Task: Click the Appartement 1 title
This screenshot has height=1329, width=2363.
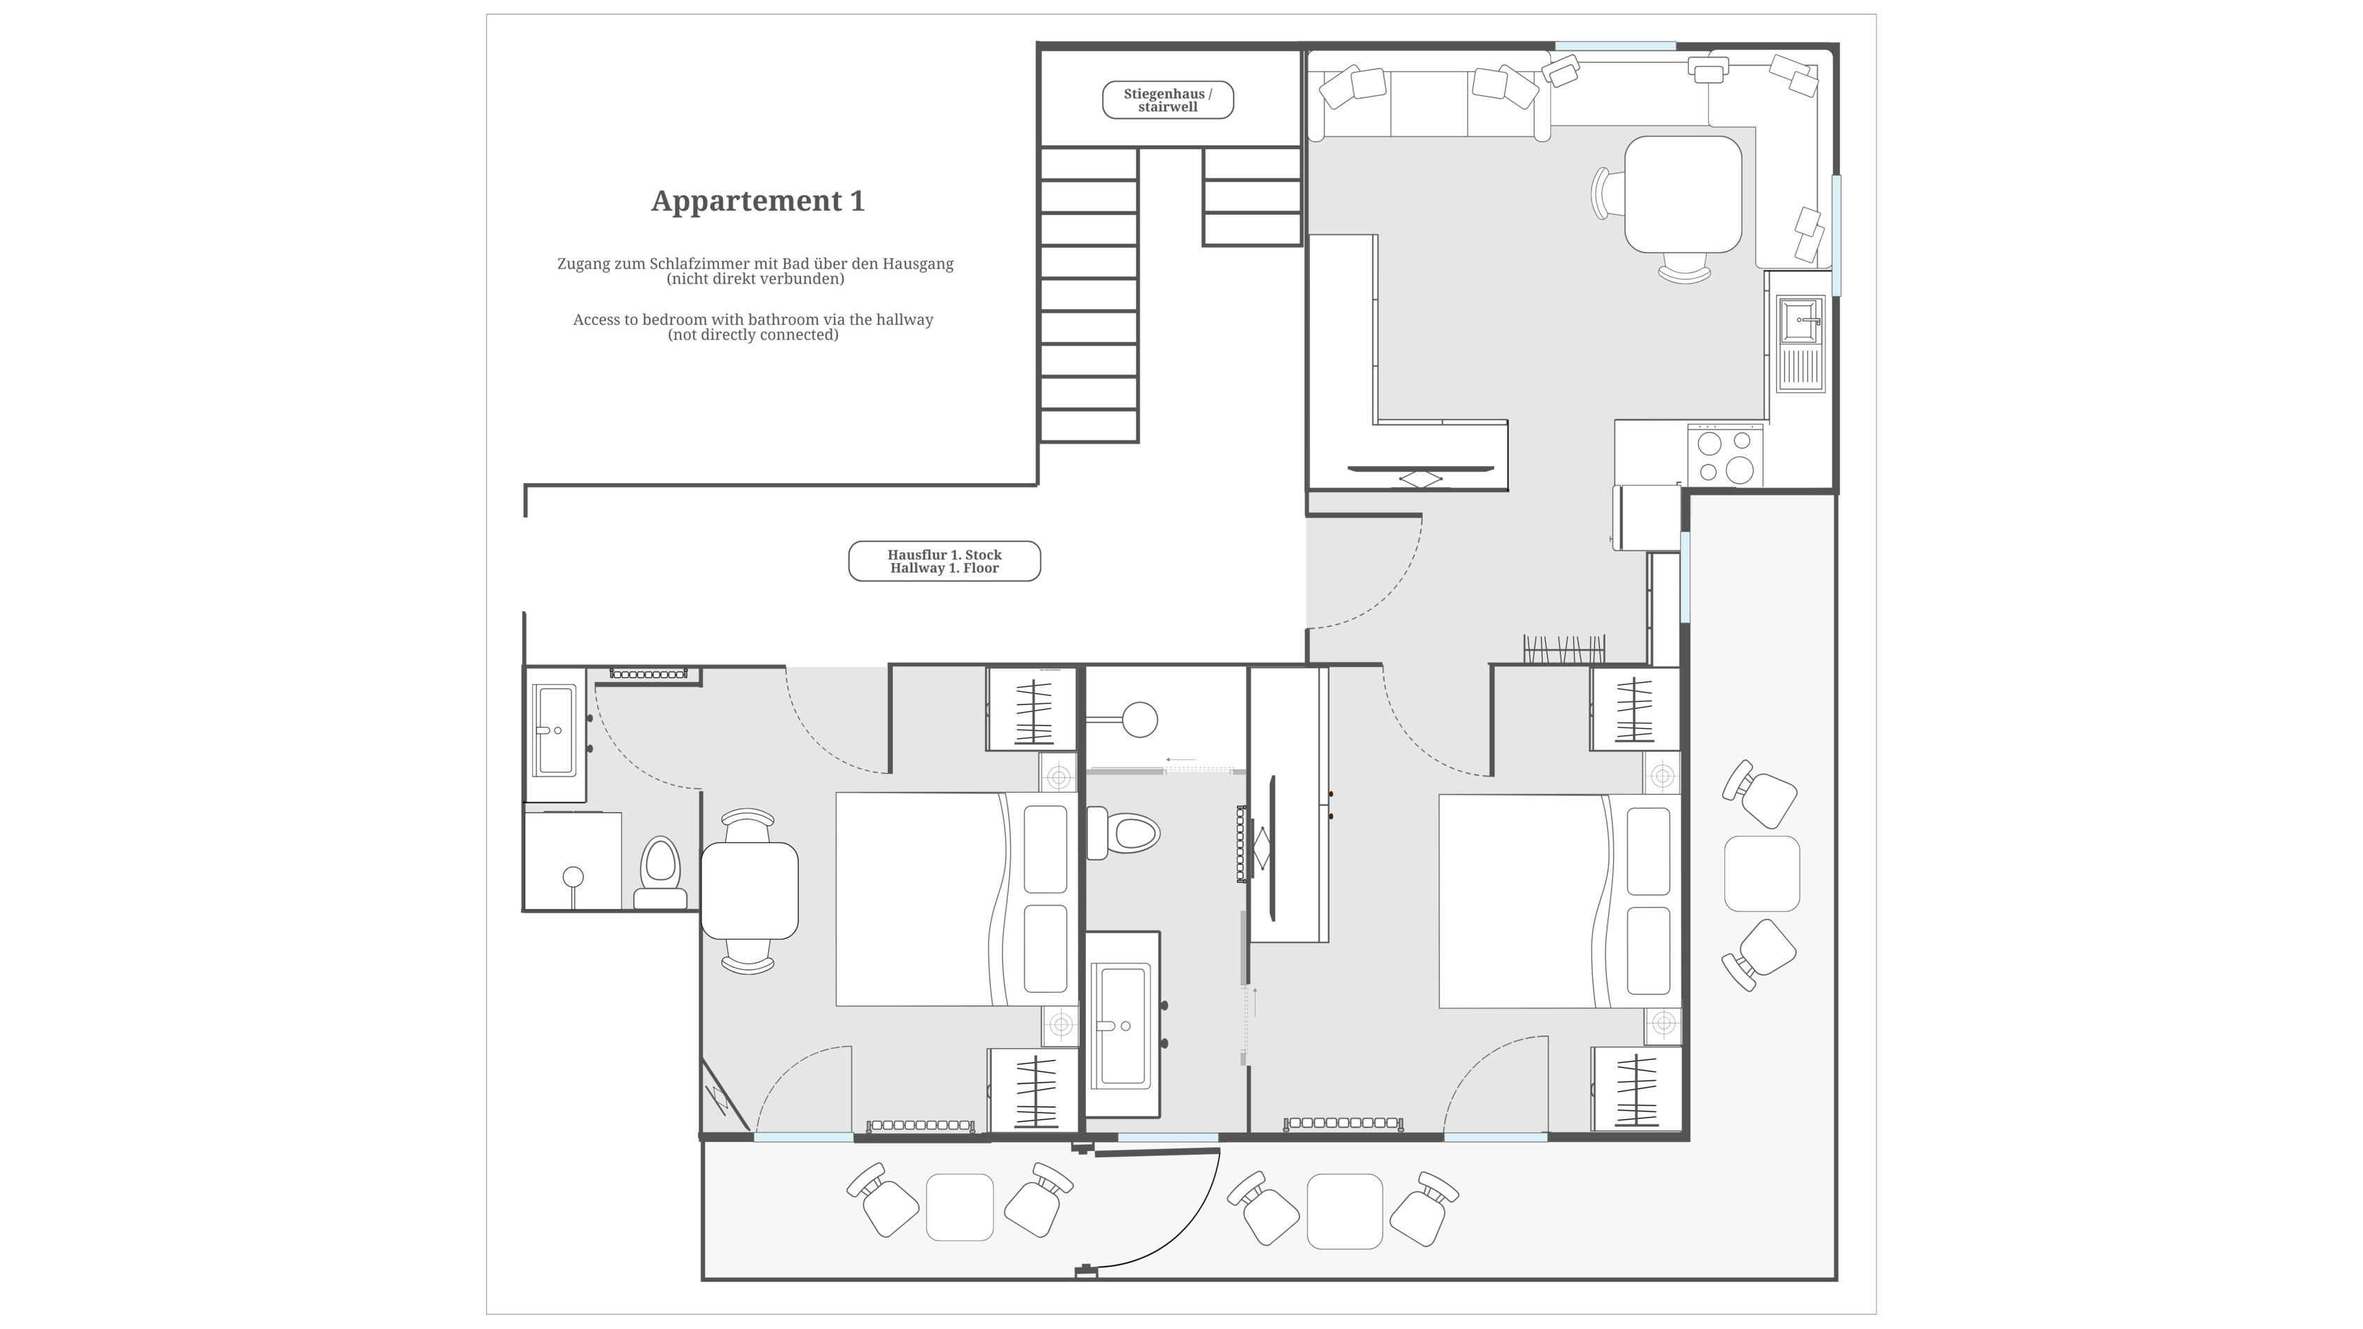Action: click(x=758, y=201)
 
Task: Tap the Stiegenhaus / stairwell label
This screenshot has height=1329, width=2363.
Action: click(x=1168, y=100)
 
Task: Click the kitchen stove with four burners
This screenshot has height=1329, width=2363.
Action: click(x=1725, y=456)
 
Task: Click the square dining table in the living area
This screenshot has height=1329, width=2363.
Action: click(x=1683, y=195)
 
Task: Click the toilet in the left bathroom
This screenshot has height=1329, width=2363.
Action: click(x=660, y=872)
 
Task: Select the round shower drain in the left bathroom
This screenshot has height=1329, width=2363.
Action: click(x=573, y=876)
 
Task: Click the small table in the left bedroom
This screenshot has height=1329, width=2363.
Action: click(x=749, y=890)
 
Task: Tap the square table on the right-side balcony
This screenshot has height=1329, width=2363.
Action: click(x=1762, y=873)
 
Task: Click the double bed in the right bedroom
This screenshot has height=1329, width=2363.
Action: click(x=1559, y=900)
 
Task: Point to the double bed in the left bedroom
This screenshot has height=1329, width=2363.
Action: click(x=957, y=899)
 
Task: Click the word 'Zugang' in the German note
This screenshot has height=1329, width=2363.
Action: click(x=583, y=264)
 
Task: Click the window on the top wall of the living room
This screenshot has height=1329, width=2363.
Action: click(x=1615, y=46)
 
